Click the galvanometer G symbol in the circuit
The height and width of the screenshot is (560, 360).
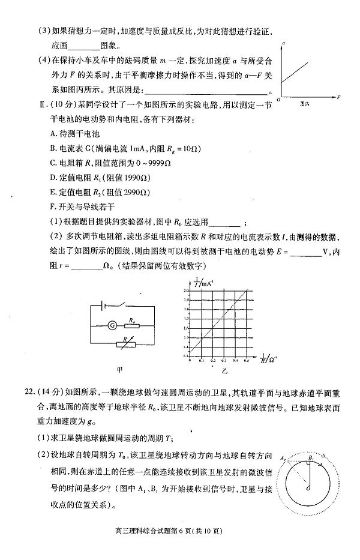tap(112, 327)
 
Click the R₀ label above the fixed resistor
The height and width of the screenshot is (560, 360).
tap(128, 320)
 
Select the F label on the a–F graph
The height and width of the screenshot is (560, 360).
tap(339, 96)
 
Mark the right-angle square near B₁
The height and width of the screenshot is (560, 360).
tap(310, 465)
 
